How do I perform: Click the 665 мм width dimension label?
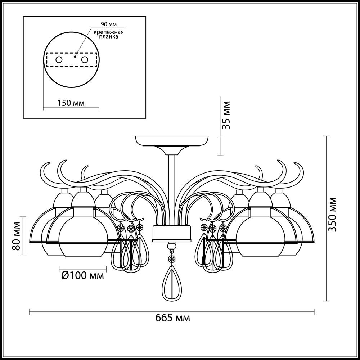click(x=172, y=318)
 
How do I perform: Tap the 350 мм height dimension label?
click(x=332, y=214)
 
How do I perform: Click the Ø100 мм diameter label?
click(x=83, y=275)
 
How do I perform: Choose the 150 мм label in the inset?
click(x=71, y=103)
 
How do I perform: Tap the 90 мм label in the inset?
click(x=109, y=24)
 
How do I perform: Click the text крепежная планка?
click(x=108, y=34)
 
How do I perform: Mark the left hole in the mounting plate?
click(x=59, y=60)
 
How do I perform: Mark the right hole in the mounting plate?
click(x=85, y=60)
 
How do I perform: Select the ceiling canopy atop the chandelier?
click(x=172, y=141)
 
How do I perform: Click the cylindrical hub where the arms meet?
click(x=172, y=234)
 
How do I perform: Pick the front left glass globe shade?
click(x=83, y=236)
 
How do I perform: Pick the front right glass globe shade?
click(x=260, y=236)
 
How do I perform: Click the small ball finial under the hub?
click(x=172, y=247)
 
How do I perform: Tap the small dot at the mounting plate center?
click(x=75, y=56)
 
